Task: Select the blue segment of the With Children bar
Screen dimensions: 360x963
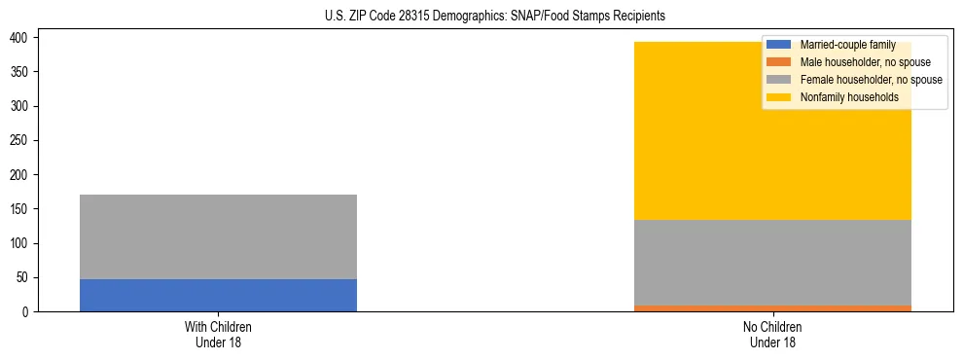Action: [x=218, y=295]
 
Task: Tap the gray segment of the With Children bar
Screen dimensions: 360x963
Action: [x=218, y=236]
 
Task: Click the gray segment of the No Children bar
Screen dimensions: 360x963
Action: [x=772, y=263]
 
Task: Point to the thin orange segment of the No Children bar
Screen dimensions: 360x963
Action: [x=772, y=308]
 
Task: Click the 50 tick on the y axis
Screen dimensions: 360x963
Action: [x=25, y=277]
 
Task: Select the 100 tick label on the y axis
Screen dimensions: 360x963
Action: [x=23, y=243]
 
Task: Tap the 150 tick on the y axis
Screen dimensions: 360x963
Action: [x=23, y=208]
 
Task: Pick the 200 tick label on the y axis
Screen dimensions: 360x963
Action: [x=23, y=174]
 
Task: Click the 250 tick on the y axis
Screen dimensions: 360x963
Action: [x=23, y=140]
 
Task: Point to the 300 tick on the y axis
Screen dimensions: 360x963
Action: [x=23, y=106]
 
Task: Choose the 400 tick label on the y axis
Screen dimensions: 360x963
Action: [x=23, y=37]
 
